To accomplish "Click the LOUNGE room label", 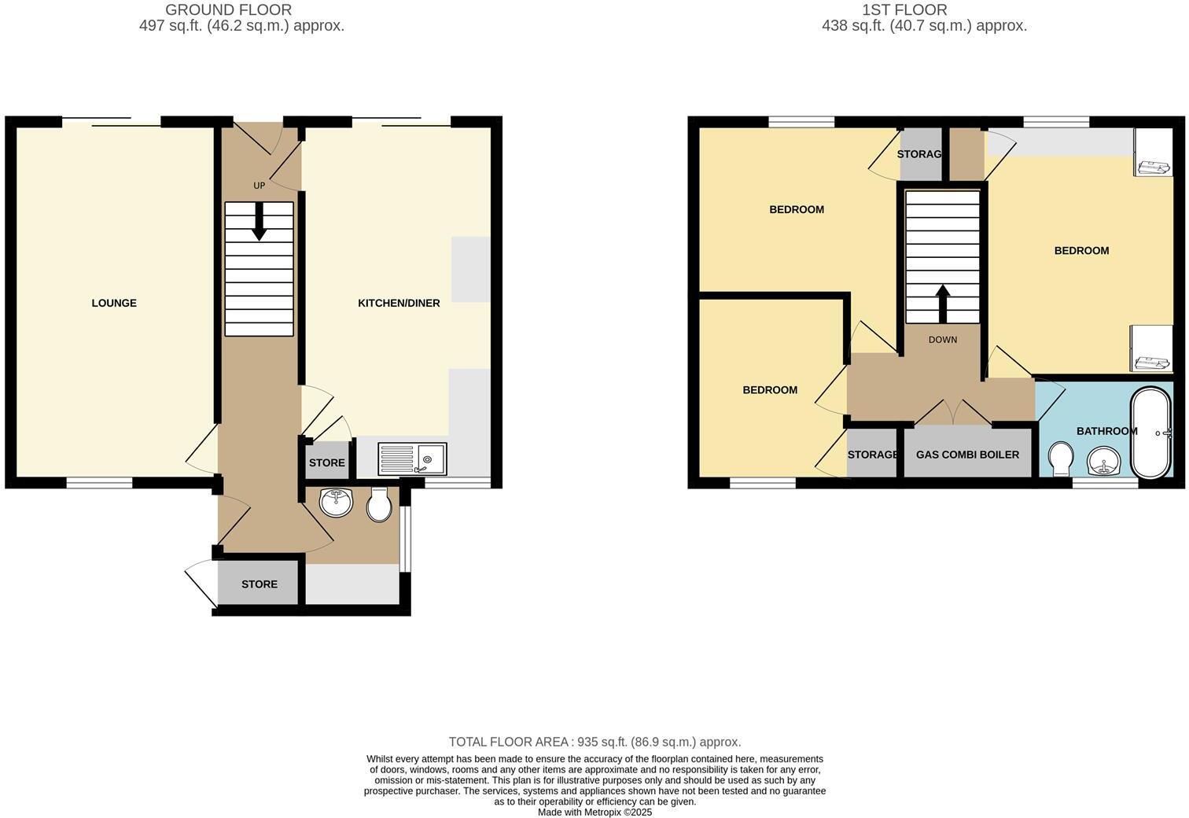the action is coord(114,303).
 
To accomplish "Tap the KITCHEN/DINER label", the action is coord(399,303).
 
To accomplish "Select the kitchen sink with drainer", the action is coord(412,459).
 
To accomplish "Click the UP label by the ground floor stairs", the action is coord(259,186).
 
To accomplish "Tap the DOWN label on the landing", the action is coord(942,340).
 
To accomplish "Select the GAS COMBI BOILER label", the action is coord(967,455).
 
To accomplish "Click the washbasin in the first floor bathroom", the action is coord(1106,461).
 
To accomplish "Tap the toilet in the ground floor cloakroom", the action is coord(380,506).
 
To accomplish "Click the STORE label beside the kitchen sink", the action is coord(326,462).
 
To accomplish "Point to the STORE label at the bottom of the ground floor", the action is coord(260,584).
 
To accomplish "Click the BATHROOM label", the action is coord(1106,431).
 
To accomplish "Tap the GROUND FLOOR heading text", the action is coord(228,10).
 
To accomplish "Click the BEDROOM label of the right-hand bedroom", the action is coord(1081,250).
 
